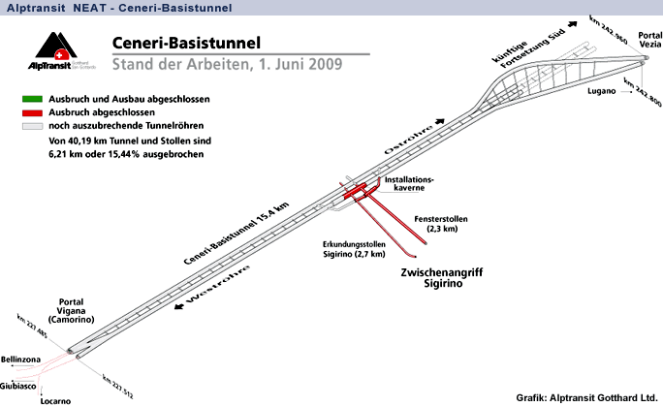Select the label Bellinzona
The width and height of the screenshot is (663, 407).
coord(22,360)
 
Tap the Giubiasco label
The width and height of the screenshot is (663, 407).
coord(19,387)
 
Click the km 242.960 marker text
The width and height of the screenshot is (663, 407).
coord(607,32)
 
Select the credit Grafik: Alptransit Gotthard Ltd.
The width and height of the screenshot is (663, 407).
coord(586,397)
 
